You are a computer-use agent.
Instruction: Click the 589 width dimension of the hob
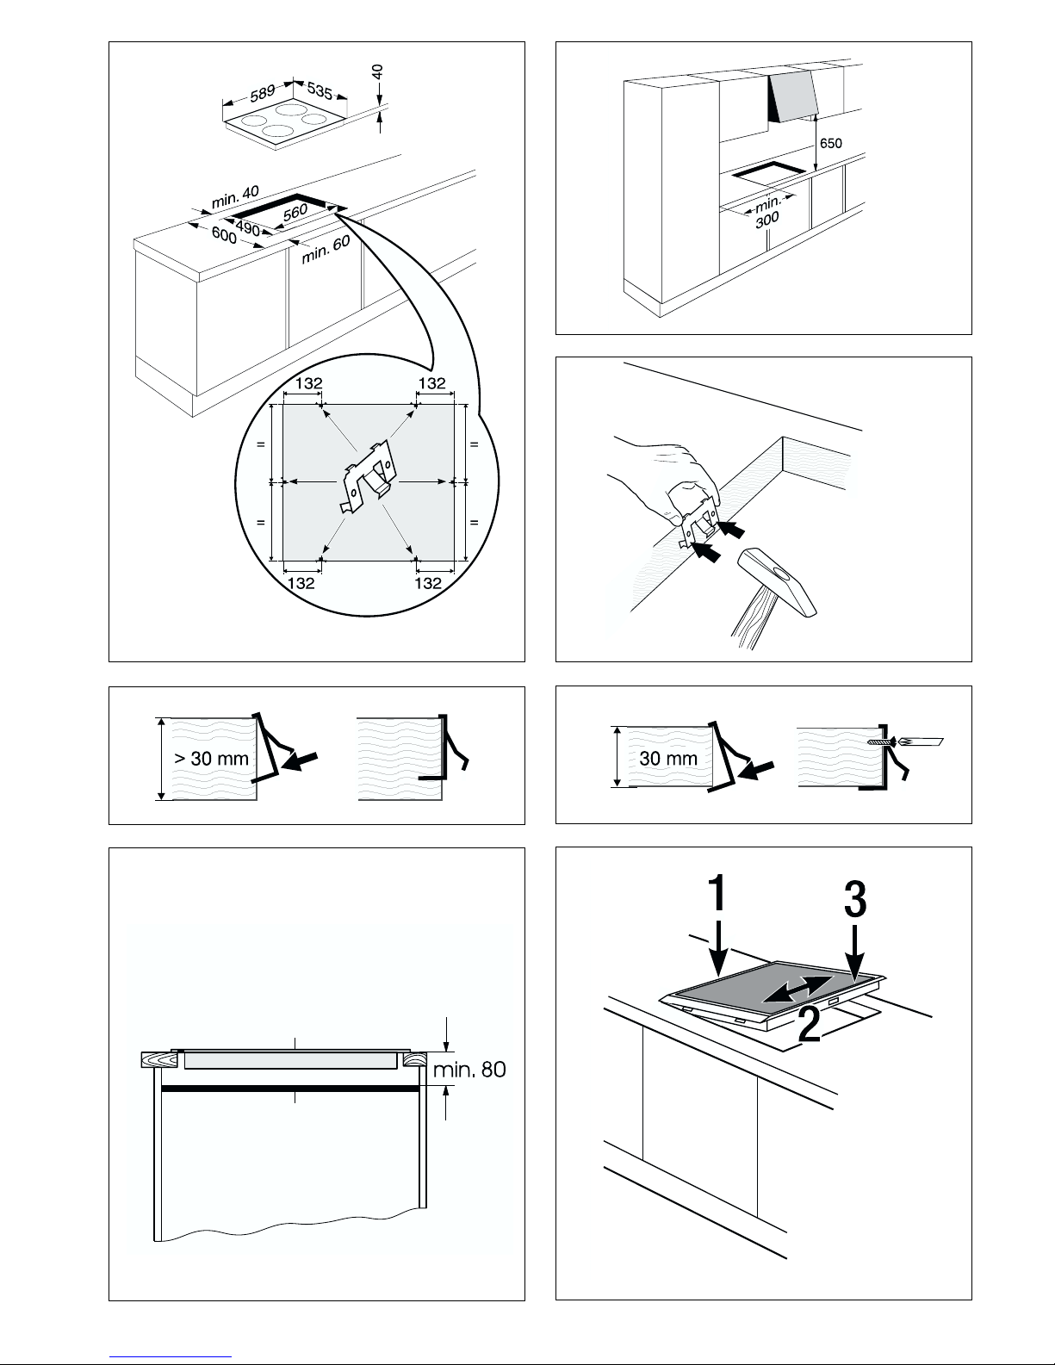263,93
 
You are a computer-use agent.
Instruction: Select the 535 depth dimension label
320,91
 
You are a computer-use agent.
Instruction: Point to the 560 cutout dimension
295,213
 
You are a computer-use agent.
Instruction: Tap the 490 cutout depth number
248,229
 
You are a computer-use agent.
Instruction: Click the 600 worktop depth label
224,236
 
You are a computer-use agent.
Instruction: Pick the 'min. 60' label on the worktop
326,250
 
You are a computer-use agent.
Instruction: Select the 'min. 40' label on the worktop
235,196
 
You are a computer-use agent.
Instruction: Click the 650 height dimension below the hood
831,143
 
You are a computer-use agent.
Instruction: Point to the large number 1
717,892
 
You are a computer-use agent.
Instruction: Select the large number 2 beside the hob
810,1025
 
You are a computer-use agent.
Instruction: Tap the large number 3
855,899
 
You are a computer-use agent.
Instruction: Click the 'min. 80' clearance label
469,1069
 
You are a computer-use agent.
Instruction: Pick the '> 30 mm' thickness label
212,758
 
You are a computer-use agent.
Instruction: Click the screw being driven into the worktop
880,741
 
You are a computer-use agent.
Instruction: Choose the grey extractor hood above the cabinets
792,96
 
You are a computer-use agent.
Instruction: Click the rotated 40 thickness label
377,73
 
